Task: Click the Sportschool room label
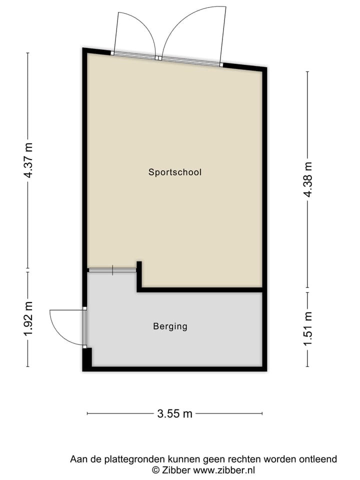point(174,172)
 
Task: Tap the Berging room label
point(170,326)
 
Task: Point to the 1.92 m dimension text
point(28,318)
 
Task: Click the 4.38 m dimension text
point(308,179)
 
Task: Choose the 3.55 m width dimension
point(174,413)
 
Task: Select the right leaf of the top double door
point(192,30)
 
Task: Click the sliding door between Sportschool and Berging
point(112,270)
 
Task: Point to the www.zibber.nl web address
point(224,470)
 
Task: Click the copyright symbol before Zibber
point(156,470)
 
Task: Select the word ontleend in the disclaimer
point(317,459)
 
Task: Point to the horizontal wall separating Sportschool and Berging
point(200,289)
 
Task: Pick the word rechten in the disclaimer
point(246,459)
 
